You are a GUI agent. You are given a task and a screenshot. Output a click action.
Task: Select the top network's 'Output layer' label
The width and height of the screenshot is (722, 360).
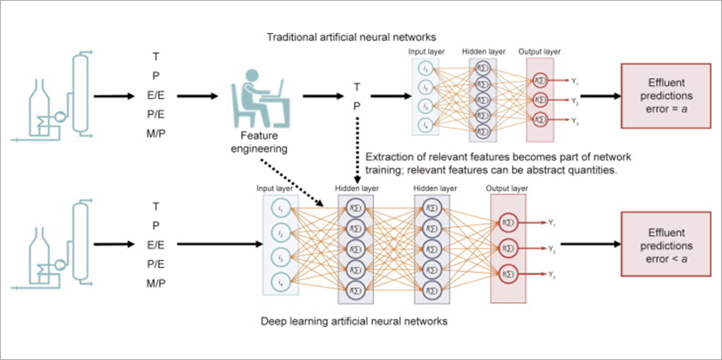point(536,51)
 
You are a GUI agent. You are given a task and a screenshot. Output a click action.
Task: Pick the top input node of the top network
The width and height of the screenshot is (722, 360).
point(425,71)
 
